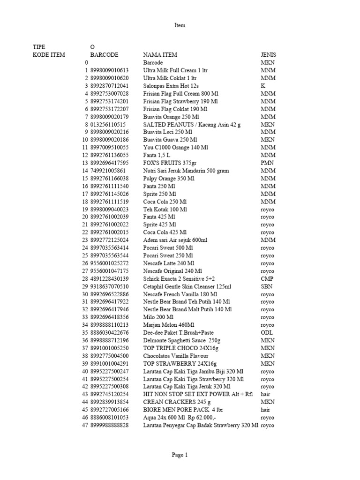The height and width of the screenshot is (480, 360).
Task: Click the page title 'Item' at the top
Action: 180,25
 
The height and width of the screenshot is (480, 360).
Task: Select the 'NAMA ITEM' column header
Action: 160,55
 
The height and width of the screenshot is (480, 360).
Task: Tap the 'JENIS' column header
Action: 269,55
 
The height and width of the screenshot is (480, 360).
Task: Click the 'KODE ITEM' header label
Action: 49,55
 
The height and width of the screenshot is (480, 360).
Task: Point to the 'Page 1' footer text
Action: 180,454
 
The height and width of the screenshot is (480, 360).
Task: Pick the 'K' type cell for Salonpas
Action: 263,86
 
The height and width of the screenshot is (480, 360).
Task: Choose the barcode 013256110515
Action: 108,125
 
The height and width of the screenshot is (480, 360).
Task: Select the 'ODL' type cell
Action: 267,333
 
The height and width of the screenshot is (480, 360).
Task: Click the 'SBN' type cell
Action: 267,286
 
